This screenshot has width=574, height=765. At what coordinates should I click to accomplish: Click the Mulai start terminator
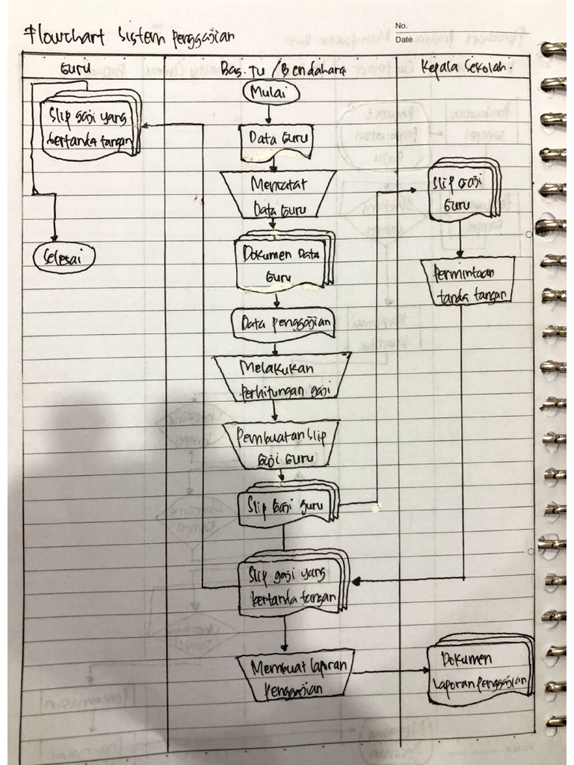tap(271, 93)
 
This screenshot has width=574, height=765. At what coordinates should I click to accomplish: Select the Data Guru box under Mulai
tap(275, 140)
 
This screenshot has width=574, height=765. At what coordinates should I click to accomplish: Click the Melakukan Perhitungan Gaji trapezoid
tap(282, 378)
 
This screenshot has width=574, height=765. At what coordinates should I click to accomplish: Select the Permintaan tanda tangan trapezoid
tap(468, 282)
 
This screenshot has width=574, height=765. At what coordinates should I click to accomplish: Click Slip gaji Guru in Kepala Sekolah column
tap(463, 191)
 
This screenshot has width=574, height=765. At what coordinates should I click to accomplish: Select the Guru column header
tap(75, 69)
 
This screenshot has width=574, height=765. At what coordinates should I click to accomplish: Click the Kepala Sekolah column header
tap(465, 66)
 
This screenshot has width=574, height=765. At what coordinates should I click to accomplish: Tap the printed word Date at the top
tap(404, 40)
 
